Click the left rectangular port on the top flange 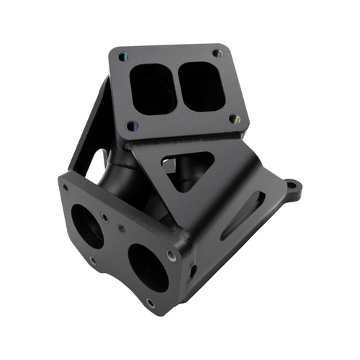pos(153,89)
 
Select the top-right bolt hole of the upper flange pos(217,53)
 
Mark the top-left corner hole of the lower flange pos(66,188)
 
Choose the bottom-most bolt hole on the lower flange pos(150,302)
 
